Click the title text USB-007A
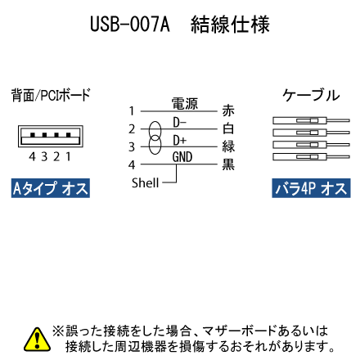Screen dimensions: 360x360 130,25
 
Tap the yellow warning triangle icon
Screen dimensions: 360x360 37,340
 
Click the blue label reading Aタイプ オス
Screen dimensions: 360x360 51,188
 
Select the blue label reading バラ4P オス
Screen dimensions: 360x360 311,188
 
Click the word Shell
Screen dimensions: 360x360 145,183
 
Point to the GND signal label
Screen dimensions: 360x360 182,157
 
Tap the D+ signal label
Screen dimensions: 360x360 180,140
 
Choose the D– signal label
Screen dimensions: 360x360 179,123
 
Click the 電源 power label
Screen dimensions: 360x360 185,104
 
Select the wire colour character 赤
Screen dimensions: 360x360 228,110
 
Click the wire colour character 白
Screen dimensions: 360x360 228,128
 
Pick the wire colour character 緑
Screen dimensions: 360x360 228,146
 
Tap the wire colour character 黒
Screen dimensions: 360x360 228,164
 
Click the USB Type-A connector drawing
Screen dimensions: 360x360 51,136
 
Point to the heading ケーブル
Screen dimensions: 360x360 311,96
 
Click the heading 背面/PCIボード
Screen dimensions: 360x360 51,95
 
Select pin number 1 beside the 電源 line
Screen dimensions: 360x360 132,111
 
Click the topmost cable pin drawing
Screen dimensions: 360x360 311,120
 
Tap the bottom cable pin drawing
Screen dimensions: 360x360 311,157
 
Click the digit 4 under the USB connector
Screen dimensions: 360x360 32,156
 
